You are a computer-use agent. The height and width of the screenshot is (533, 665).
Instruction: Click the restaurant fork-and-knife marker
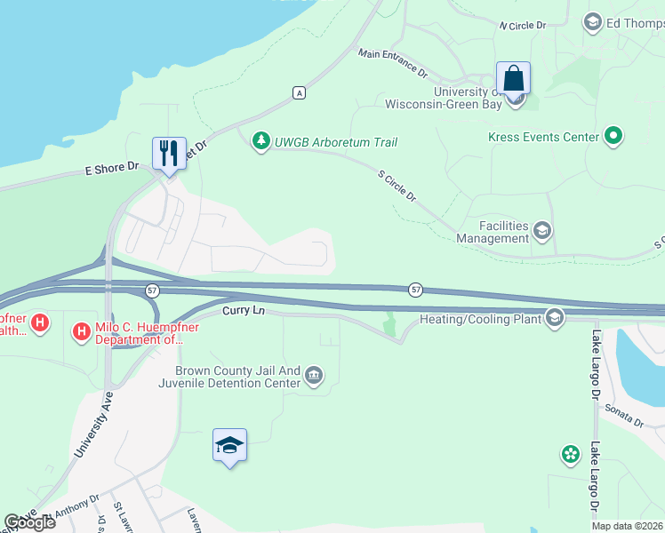[x=169, y=153]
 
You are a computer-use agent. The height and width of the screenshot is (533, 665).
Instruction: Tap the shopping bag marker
[x=514, y=77]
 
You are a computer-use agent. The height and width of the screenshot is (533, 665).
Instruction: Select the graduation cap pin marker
[x=229, y=445]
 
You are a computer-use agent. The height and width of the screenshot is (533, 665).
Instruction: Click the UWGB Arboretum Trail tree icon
[x=260, y=142]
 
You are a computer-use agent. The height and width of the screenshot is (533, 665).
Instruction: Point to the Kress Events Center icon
[x=613, y=137]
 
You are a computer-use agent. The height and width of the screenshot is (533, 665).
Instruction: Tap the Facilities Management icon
[x=541, y=232]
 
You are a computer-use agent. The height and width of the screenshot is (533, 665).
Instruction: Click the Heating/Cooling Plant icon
[x=556, y=318]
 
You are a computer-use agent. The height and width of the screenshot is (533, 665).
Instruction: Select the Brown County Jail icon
[x=313, y=376]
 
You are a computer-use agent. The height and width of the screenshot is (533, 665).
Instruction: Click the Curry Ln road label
[x=244, y=310]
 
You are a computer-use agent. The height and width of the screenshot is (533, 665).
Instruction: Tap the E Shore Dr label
[x=113, y=166]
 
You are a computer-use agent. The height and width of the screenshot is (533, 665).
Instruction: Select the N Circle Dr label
[x=523, y=26]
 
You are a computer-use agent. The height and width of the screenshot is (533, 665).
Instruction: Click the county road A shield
[x=300, y=92]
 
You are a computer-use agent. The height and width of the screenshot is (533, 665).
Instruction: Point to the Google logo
[x=30, y=522]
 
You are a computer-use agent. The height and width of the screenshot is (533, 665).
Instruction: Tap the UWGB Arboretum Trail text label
[x=336, y=142]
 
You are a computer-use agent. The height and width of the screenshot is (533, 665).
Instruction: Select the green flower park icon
[x=570, y=455]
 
